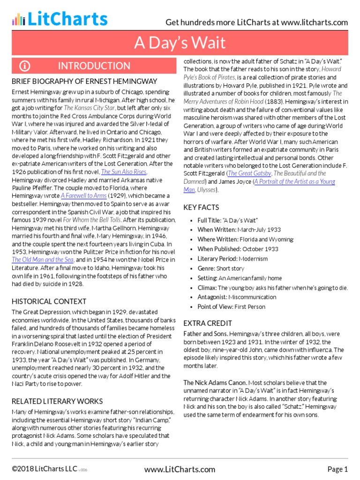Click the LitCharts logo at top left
60,19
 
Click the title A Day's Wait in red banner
180,43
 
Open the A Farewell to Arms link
85,196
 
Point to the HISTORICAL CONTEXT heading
49,301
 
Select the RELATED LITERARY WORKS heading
57,401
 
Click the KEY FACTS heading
201,207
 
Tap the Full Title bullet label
210,220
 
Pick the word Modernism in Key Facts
253,259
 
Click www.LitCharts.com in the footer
180,469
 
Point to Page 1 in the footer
337,469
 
